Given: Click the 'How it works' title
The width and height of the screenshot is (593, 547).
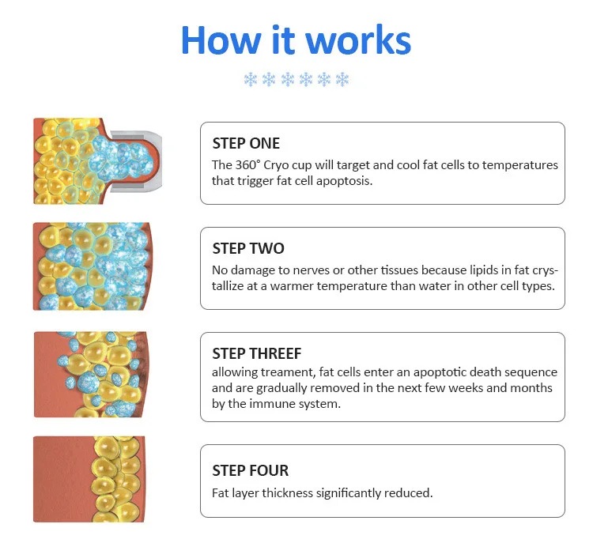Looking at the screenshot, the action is [296, 40].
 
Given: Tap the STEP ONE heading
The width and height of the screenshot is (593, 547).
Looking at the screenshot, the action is [246, 144].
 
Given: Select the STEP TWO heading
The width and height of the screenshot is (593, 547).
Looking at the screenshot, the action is [248, 249].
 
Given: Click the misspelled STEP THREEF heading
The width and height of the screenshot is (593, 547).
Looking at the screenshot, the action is [257, 354].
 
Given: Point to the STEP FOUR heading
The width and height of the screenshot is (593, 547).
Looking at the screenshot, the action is [251, 470].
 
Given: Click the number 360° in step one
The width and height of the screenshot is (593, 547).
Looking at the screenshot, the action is [248, 165].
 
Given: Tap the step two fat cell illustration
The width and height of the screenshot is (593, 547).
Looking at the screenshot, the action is [92, 266].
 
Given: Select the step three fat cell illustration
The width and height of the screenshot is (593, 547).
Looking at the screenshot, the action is [91, 375].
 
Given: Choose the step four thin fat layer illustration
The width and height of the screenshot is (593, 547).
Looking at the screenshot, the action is [89, 479].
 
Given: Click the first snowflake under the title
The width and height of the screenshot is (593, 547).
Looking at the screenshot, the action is [251, 80].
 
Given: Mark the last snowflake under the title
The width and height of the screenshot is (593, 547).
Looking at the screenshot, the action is [342, 80].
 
